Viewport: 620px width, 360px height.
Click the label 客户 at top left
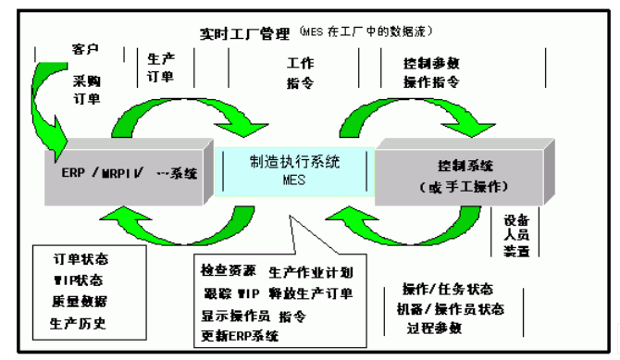point(85,48)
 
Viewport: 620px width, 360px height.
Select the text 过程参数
point(434,328)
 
